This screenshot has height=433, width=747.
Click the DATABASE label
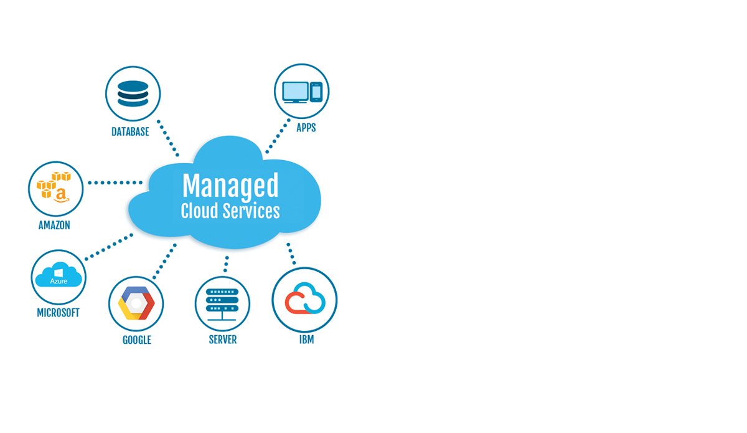pyautogui.click(x=130, y=132)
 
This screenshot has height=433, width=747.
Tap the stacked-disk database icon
pyautogui.click(x=133, y=93)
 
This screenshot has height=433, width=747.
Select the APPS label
pyautogui.click(x=306, y=128)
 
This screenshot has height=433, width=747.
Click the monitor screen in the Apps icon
pyautogui.click(x=295, y=91)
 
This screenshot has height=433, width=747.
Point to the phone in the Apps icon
pyautogui.click(x=316, y=92)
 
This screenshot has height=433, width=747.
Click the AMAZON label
pyautogui.click(x=54, y=226)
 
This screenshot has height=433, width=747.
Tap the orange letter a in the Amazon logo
pyautogui.click(x=61, y=195)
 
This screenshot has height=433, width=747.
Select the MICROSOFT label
pyautogui.click(x=58, y=313)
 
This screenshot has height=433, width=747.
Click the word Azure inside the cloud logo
pyautogui.click(x=59, y=281)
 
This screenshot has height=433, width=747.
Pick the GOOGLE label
pyautogui.click(x=137, y=340)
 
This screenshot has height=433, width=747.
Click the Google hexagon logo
pyautogui.click(x=136, y=303)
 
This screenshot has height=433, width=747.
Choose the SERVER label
pyautogui.click(x=223, y=340)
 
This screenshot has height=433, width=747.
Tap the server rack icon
pyautogui.click(x=222, y=305)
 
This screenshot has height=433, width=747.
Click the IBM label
pyautogui.click(x=306, y=340)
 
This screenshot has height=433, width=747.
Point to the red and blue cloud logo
pyautogui.click(x=305, y=298)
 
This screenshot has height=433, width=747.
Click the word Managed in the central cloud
pyautogui.click(x=230, y=186)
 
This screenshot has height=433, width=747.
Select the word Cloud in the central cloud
pyautogui.click(x=199, y=211)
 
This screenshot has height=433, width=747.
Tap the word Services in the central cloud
pyautogui.click(x=251, y=211)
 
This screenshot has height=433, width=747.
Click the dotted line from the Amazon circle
pyautogui.click(x=115, y=183)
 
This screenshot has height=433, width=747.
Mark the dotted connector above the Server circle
pyautogui.click(x=227, y=264)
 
